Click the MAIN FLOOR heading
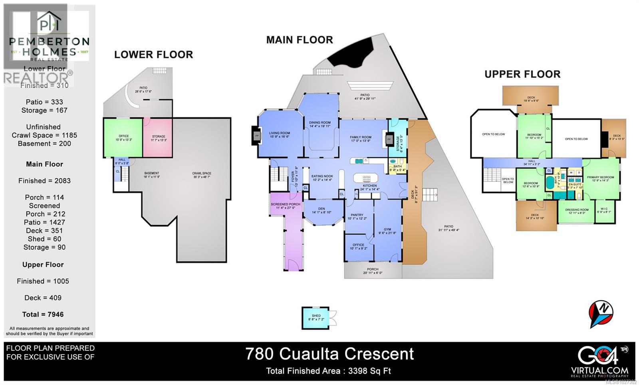click(x=300, y=40)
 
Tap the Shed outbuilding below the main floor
click(x=316, y=318)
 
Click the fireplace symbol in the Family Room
click(x=389, y=140)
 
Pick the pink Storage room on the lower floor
click(x=158, y=138)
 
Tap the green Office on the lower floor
click(x=123, y=138)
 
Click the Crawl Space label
click(x=201, y=175)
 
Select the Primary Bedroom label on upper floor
click(x=600, y=179)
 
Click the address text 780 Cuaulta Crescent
click(x=329, y=354)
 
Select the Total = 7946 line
click(x=43, y=314)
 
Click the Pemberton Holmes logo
click(x=49, y=36)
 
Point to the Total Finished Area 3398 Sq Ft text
click(x=328, y=371)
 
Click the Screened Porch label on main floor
click(x=286, y=206)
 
